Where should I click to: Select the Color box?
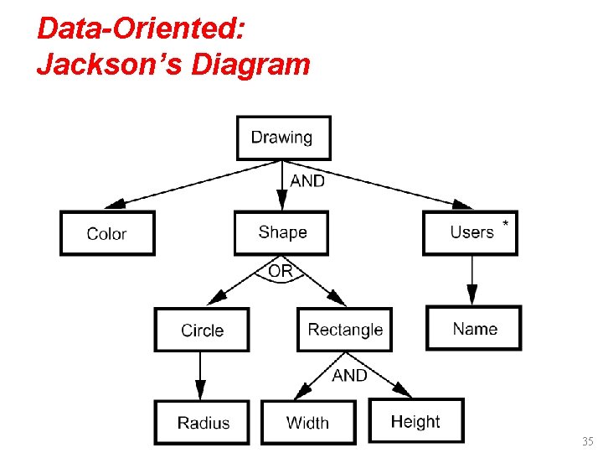point(107,233)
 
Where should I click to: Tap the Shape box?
point(282,232)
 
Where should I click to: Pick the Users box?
point(471,232)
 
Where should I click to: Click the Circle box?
point(202,330)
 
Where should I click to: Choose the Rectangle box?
point(345,330)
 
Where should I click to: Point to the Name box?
point(474,328)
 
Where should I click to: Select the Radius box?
point(202,422)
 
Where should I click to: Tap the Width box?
point(308,422)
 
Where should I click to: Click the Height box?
point(415,420)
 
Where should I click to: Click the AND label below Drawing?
point(307,181)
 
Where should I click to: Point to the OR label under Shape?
point(281,272)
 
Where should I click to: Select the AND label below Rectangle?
point(349,375)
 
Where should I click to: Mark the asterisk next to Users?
point(504,224)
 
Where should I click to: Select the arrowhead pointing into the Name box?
point(472,296)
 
